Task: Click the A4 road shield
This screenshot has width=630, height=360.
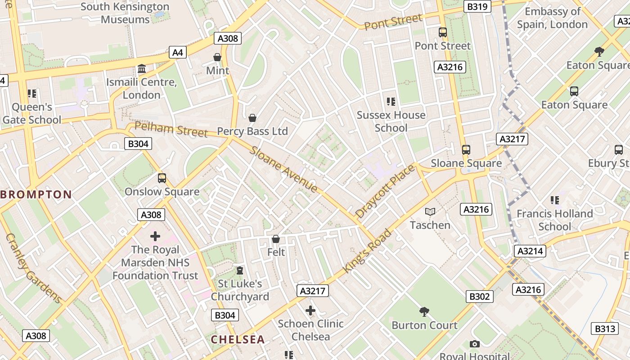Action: pyautogui.click(x=178, y=53)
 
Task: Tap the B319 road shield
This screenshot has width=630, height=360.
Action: pyautogui.click(x=477, y=7)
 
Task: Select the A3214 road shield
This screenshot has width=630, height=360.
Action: pyautogui.click(x=530, y=251)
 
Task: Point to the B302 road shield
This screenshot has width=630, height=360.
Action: pyautogui.click(x=479, y=297)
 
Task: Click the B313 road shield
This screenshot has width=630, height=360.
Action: pyautogui.click(x=605, y=329)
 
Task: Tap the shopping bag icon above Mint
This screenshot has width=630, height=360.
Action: pyautogui.click(x=217, y=57)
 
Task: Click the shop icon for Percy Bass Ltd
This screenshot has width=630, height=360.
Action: pyautogui.click(x=252, y=118)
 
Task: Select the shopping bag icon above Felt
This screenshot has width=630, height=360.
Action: pyautogui.click(x=276, y=239)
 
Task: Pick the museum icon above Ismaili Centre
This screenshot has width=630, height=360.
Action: pyautogui.click(x=142, y=69)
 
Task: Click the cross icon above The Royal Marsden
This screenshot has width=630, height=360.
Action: pyautogui.click(x=155, y=236)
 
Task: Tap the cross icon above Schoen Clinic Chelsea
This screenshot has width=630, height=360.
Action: pyautogui.click(x=310, y=310)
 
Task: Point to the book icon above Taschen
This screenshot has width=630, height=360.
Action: pyautogui.click(x=430, y=211)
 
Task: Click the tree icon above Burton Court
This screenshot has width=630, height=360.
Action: pyautogui.click(x=424, y=311)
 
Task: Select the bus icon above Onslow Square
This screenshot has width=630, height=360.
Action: pyautogui.click(x=162, y=178)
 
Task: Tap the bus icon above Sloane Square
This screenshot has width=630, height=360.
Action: pyautogui.click(x=466, y=150)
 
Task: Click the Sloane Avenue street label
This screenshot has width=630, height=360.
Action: pyautogui.click(x=284, y=169)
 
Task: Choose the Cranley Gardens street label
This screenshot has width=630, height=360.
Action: pyautogui.click(x=33, y=268)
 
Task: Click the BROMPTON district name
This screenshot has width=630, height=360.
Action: pyautogui.click(x=36, y=195)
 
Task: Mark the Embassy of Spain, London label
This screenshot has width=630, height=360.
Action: pyautogui.click(x=552, y=18)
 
